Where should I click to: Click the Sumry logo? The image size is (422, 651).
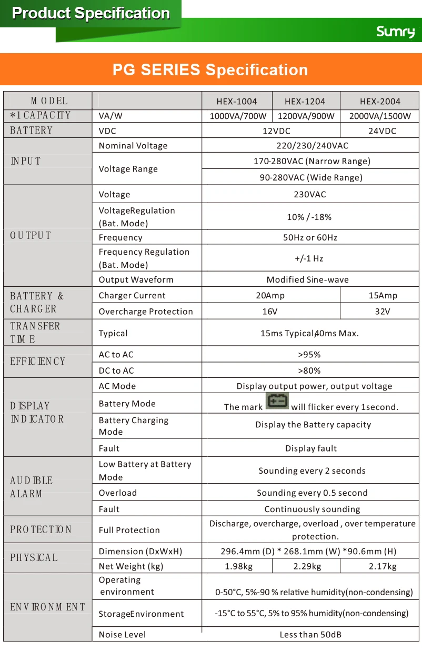pos(395,32)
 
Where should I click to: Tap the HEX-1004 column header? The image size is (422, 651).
pos(237,102)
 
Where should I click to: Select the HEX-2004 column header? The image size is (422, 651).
pos(380,102)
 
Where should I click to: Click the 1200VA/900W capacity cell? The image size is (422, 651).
pos(306,116)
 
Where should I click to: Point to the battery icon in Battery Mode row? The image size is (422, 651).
pos(277,402)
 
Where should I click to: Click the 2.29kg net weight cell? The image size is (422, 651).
pos(307,566)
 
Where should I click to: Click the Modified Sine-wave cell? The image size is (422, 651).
pos(308,279)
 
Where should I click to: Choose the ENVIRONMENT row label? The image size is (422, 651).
pos(47,607)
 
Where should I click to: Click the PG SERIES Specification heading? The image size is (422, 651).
pos(210,69)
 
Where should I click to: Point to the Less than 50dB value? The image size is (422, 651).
pos(310,635)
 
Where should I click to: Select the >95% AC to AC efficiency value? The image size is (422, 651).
pos(309,355)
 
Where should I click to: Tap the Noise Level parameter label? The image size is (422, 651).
pos(123,635)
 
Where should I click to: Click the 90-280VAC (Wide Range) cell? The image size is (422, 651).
pos(311,177)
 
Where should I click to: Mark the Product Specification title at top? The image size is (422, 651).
pos(91,13)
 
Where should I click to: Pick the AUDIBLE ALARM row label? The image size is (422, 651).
pos(32,487)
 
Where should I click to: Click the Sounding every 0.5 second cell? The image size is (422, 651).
pos(312,493)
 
